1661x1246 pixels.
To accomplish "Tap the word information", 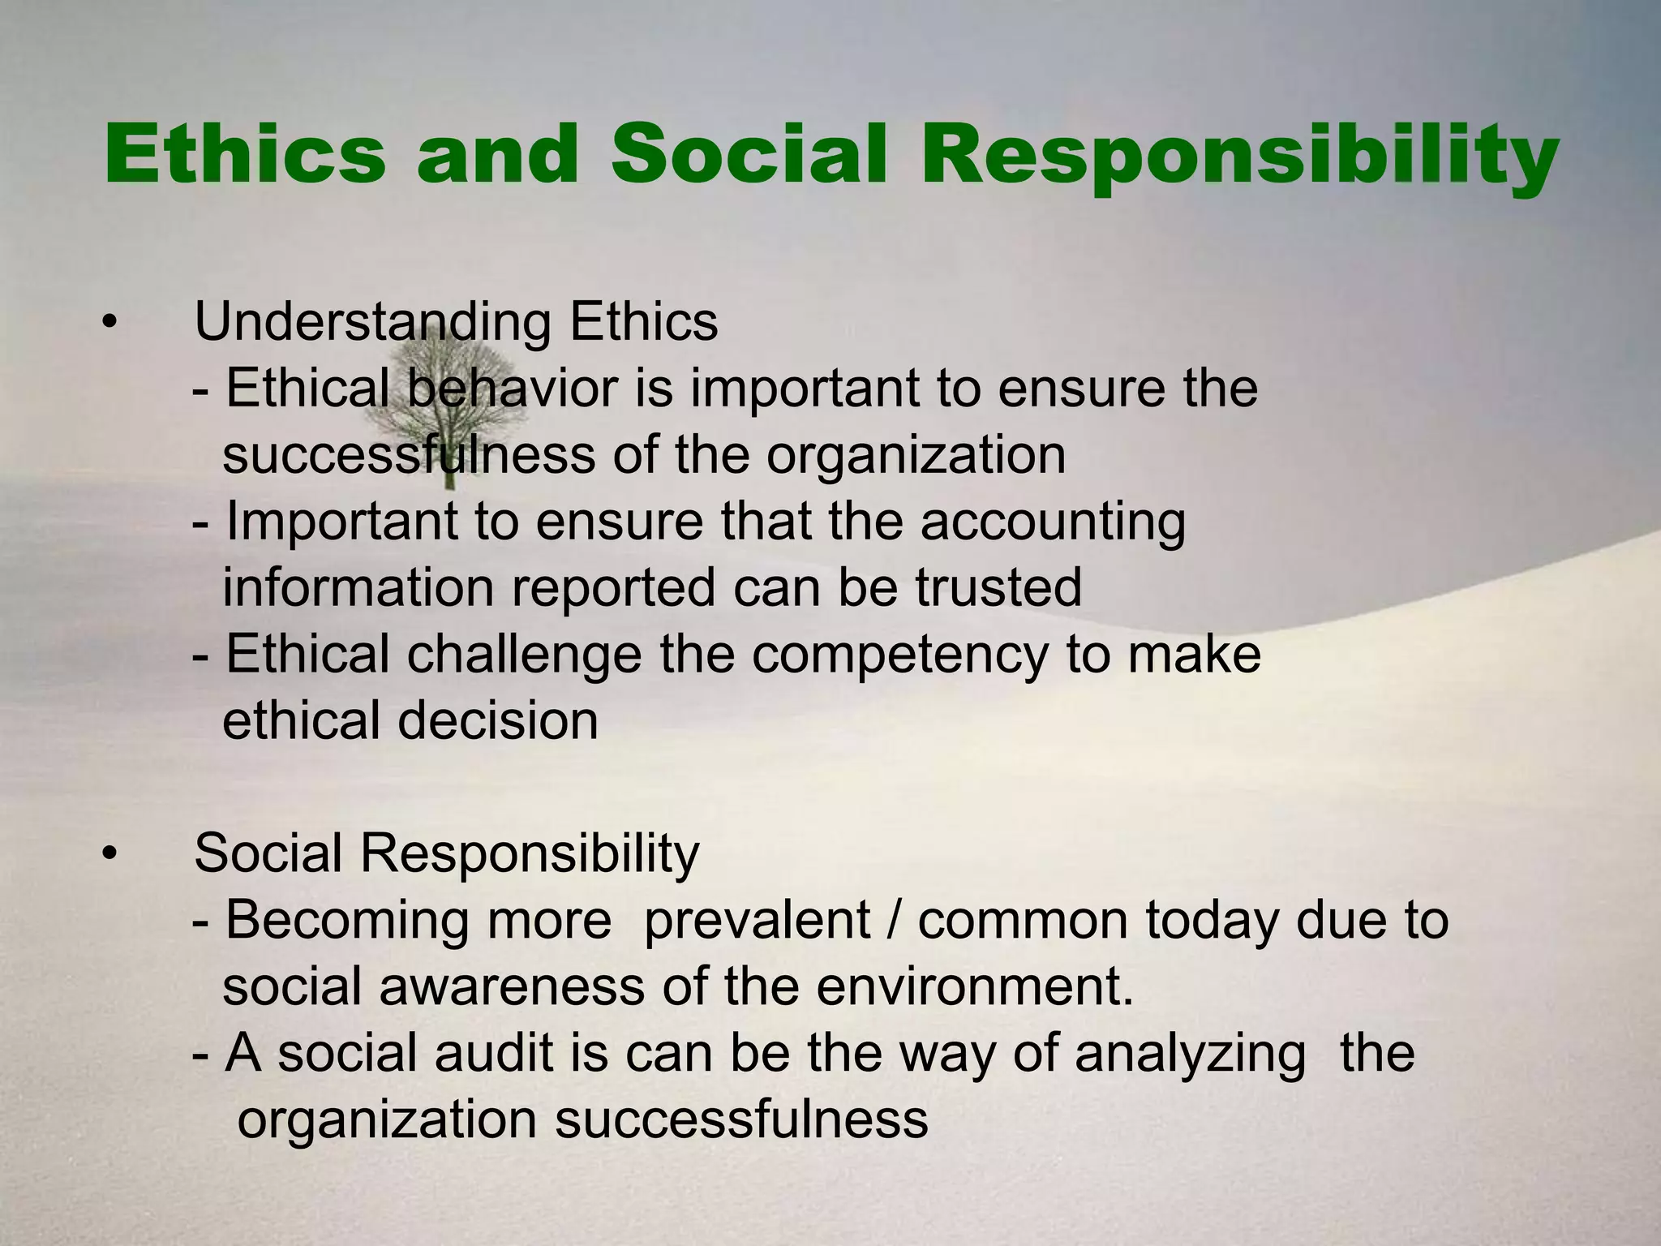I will point(358,588).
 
